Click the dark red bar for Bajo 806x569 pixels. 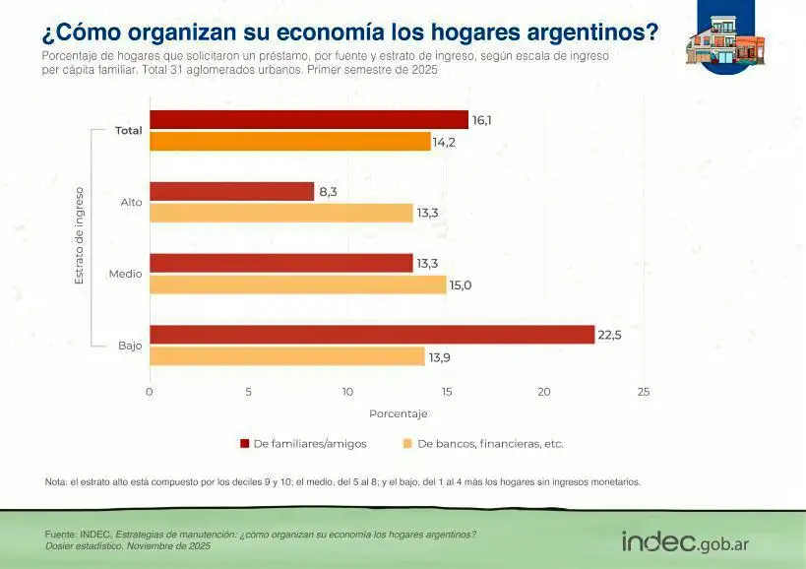pyautogui.click(x=372, y=335)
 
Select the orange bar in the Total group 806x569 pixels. pyautogui.click(x=290, y=142)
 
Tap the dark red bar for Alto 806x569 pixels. pyautogui.click(x=231, y=192)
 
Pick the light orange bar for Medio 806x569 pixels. pyautogui.click(x=297, y=284)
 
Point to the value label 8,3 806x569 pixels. pyautogui.click(x=328, y=192)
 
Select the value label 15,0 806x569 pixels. pyautogui.click(x=461, y=284)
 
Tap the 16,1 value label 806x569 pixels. pyautogui.click(x=482, y=120)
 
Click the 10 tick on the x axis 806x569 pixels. pyautogui.click(x=347, y=392)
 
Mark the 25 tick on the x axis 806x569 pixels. pyautogui.click(x=644, y=392)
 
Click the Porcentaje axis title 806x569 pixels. pyautogui.click(x=398, y=413)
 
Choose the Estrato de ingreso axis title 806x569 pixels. pyautogui.click(x=80, y=236)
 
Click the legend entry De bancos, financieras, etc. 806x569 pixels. pyautogui.click(x=489, y=444)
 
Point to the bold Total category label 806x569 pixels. pyautogui.click(x=128, y=131)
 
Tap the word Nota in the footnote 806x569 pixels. pyautogui.click(x=55, y=482)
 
